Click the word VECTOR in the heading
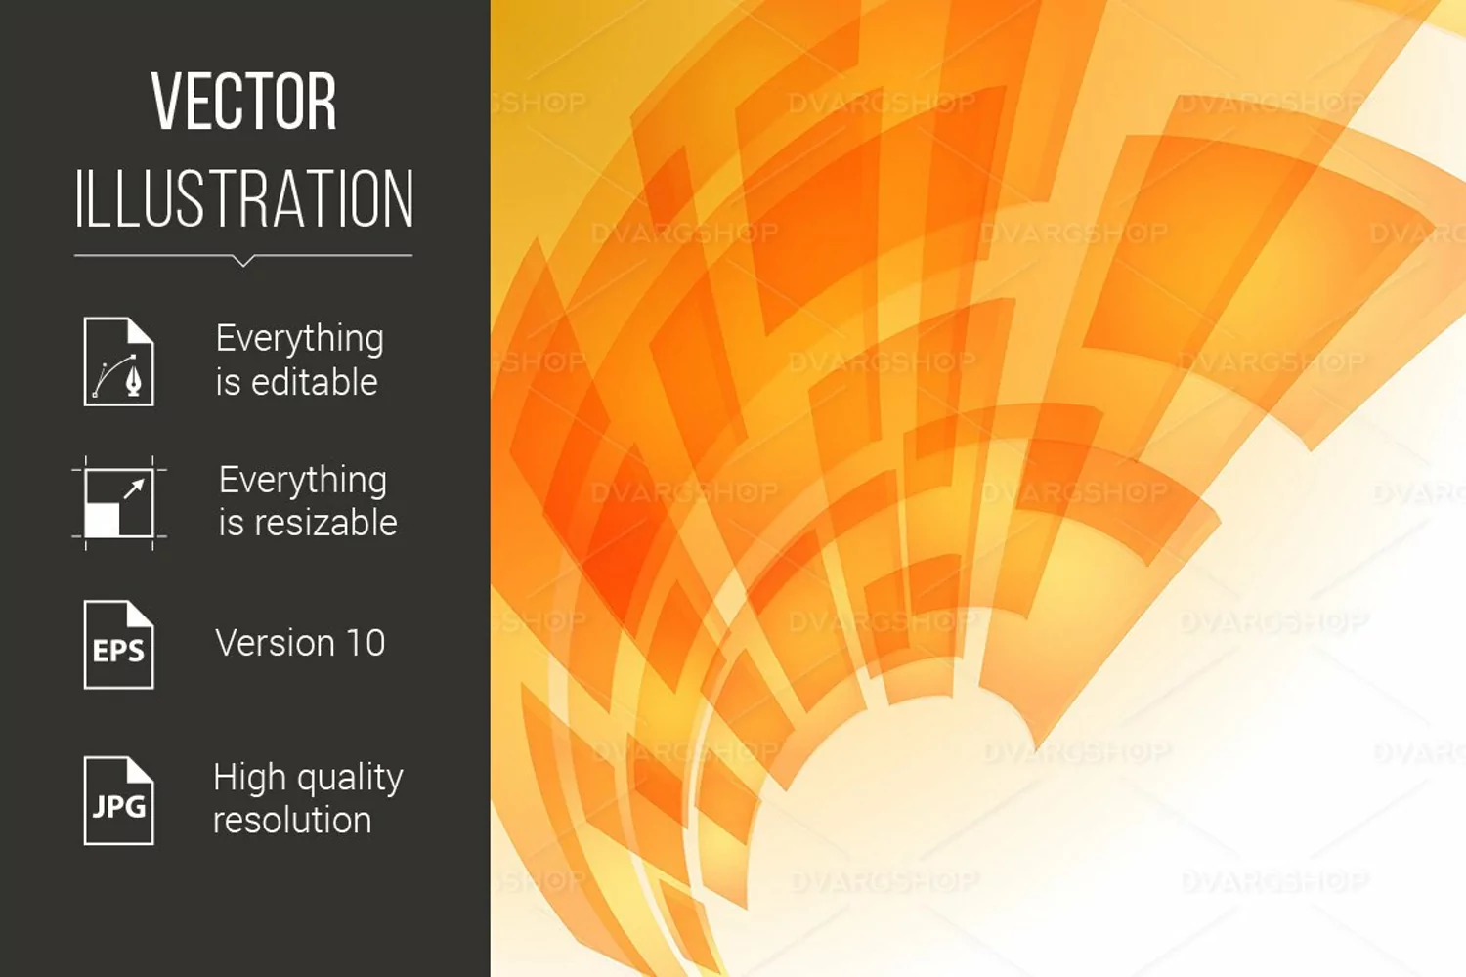pyautogui.click(x=244, y=102)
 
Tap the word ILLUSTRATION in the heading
pyautogui.click(x=244, y=198)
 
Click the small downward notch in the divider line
pyautogui.click(x=243, y=261)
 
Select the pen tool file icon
pyautogui.click(x=119, y=361)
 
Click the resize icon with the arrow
pyautogui.click(x=119, y=503)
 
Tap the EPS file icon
pyautogui.click(x=119, y=645)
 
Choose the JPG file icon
pyautogui.click(x=119, y=801)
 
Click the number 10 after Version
pyautogui.click(x=366, y=643)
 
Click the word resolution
pyautogui.click(x=292, y=820)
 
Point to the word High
pyautogui.click(x=249, y=778)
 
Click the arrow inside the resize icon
pyautogui.click(x=134, y=489)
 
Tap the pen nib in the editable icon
pyautogui.click(x=134, y=380)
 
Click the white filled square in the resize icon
pyautogui.click(x=102, y=520)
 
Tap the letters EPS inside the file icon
pyautogui.click(x=118, y=651)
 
